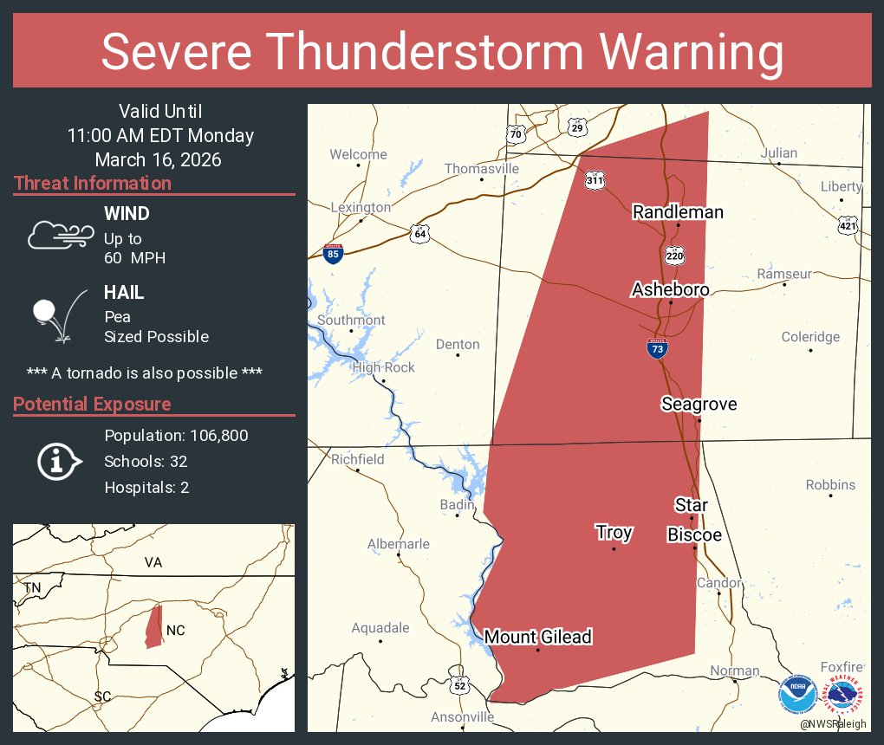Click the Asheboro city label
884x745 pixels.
671,289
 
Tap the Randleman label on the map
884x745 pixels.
678,212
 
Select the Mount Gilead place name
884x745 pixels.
537,637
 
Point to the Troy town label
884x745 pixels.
614,533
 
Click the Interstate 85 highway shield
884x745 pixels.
334,253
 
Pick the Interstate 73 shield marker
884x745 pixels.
657,348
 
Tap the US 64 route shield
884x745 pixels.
420,233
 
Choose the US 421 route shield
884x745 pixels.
848,225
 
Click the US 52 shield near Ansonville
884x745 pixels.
459,685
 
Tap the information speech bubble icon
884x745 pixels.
59,462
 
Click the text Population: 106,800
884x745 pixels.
176,435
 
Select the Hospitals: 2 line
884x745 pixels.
146,487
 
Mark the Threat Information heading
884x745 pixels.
93,183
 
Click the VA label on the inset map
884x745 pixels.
153,562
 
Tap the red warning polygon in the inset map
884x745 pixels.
153,625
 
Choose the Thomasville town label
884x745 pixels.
481,169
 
